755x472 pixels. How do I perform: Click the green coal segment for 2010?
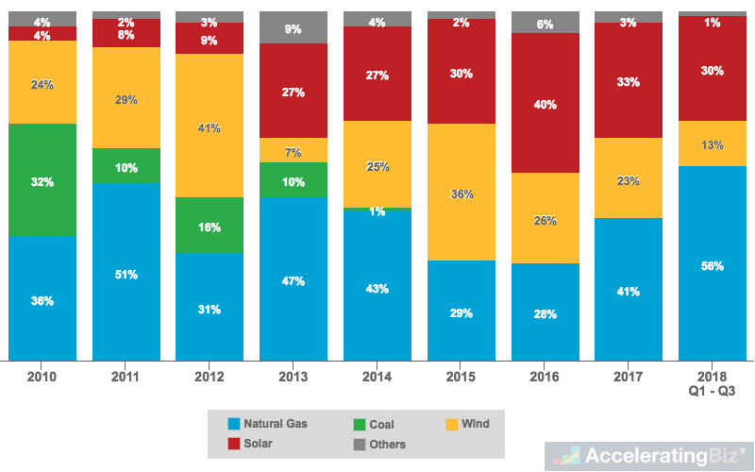coord(42,179)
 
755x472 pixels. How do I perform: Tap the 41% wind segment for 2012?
coord(209,126)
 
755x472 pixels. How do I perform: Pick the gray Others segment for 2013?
coord(293,27)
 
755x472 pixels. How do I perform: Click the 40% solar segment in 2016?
coord(545,103)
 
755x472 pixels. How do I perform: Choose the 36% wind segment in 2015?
coord(461,193)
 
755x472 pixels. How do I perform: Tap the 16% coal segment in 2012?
coord(209,226)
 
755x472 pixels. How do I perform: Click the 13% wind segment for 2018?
coord(713,143)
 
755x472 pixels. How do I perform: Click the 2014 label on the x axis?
coord(377,377)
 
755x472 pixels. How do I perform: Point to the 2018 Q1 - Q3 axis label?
coord(713,383)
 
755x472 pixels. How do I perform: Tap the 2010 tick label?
coord(42,377)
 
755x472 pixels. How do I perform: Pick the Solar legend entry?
coord(252,444)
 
